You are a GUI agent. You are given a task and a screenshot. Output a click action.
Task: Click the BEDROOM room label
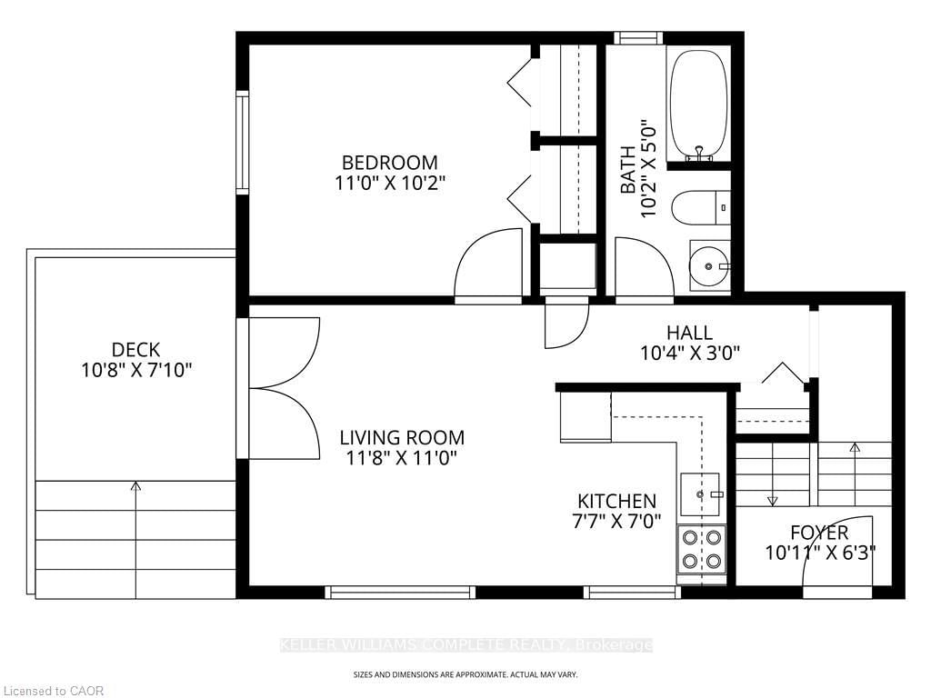pos(389,162)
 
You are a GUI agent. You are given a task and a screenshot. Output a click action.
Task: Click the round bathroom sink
pos(709,265)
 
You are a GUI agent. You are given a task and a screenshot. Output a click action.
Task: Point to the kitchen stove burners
pos(701,549)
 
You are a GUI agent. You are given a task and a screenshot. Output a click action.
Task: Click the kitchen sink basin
pos(700,494)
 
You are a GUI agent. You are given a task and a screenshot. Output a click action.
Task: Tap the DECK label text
pos(136,350)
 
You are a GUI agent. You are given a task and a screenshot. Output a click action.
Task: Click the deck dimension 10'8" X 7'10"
pos(136,371)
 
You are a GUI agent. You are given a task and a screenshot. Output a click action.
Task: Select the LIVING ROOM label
pos(402,438)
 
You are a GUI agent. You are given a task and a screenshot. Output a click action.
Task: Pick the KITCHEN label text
pos(617,501)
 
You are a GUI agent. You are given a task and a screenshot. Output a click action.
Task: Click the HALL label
pos(689,333)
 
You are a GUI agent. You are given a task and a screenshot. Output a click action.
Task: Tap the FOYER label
pos(819,533)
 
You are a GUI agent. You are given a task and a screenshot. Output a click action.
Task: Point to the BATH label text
pos(627,170)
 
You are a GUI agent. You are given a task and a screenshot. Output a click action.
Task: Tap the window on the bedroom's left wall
pos(242,143)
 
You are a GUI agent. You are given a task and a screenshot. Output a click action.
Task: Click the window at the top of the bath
pos(638,38)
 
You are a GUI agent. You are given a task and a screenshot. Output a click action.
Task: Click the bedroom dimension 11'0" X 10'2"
pos(389,183)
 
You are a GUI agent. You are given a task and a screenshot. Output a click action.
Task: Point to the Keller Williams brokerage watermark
pos(466,645)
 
